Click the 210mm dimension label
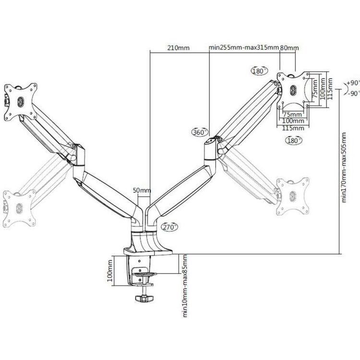click(x=178, y=48)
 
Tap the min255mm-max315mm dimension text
click(x=244, y=48)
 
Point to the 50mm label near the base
click(x=142, y=190)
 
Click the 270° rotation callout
click(x=169, y=227)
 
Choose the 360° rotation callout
click(x=200, y=132)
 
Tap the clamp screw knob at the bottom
click(x=143, y=299)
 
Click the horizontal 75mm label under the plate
click(x=291, y=115)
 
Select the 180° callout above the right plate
click(x=258, y=71)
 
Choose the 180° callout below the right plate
click(x=293, y=141)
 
